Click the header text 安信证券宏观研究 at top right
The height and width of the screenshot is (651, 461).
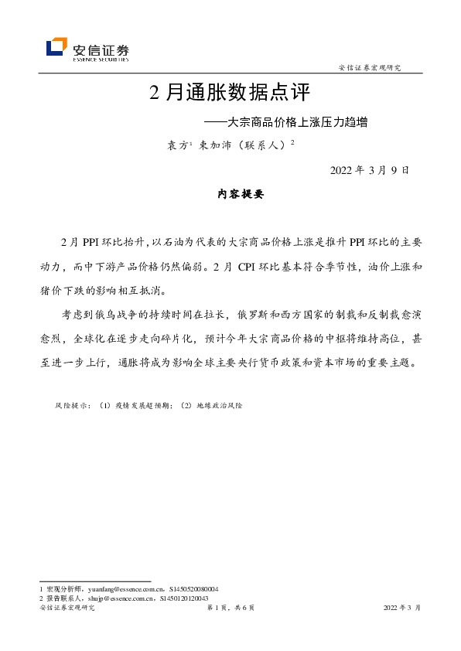point(371,68)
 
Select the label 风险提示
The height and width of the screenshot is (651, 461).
point(71,405)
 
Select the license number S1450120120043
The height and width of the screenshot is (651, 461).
point(186,598)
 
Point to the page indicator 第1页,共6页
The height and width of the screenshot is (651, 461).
point(230,608)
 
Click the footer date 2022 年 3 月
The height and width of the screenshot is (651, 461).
point(402,608)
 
